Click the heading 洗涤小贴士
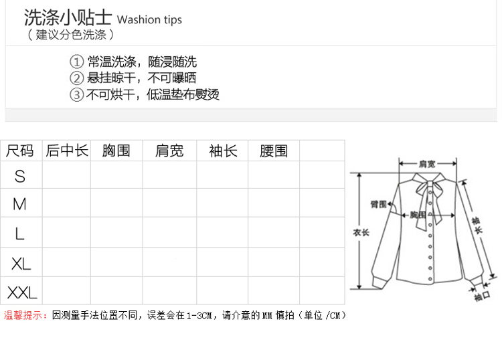click(x=67, y=17)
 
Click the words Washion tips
click(x=149, y=19)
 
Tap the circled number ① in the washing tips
click(x=78, y=62)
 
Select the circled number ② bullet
click(x=78, y=78)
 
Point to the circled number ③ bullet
click(x=78, y=94)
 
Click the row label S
click(x=20, y=176)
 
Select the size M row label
click(x=20, y=203)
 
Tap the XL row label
click(x=21, y=263)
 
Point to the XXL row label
click(x=22, y=292)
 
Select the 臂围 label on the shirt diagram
click(x=379, y=204)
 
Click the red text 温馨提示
click(x=25, y=315)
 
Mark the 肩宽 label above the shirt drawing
click(x=427, y=163)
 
